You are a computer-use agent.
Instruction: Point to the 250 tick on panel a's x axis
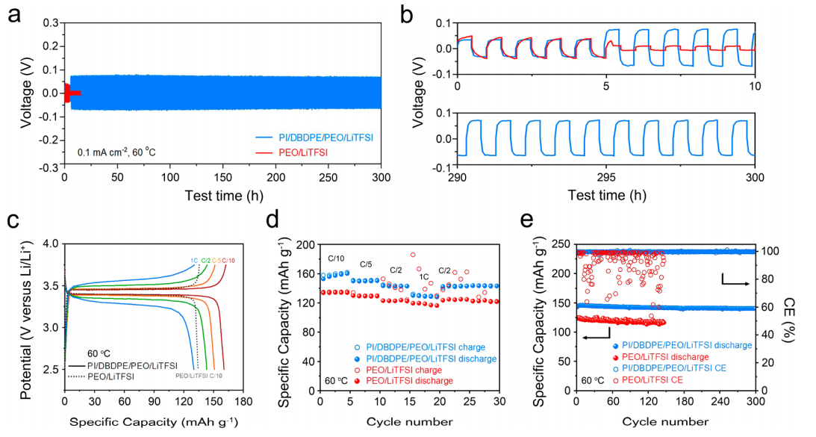pos(328,177)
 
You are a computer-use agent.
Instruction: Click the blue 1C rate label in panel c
pos(194,260)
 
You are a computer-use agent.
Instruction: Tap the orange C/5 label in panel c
pos(216,260)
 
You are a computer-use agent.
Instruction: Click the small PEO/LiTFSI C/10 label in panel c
pos(199,376)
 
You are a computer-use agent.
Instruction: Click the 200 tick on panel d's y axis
pos(305,244)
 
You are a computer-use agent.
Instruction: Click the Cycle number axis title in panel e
pos(665,421)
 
